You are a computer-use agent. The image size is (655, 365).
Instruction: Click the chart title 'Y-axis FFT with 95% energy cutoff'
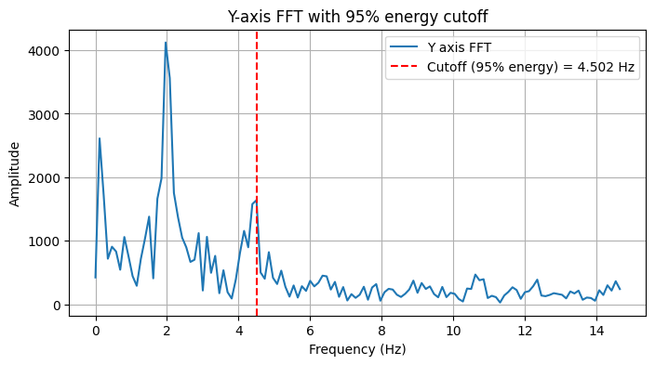point(357,16)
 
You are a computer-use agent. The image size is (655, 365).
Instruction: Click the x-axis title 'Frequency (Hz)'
point(357,350)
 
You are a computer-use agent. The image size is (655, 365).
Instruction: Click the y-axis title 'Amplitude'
point(16,173)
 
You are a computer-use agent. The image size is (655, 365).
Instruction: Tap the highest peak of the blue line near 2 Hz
point(166,43)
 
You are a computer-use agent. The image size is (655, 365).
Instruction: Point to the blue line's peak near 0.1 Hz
point(100,139)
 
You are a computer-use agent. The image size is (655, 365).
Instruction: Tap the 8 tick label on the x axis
point(381,329)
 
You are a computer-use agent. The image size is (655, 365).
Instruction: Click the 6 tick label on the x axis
point(310,329)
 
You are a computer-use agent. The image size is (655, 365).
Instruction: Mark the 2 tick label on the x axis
point(167,329)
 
